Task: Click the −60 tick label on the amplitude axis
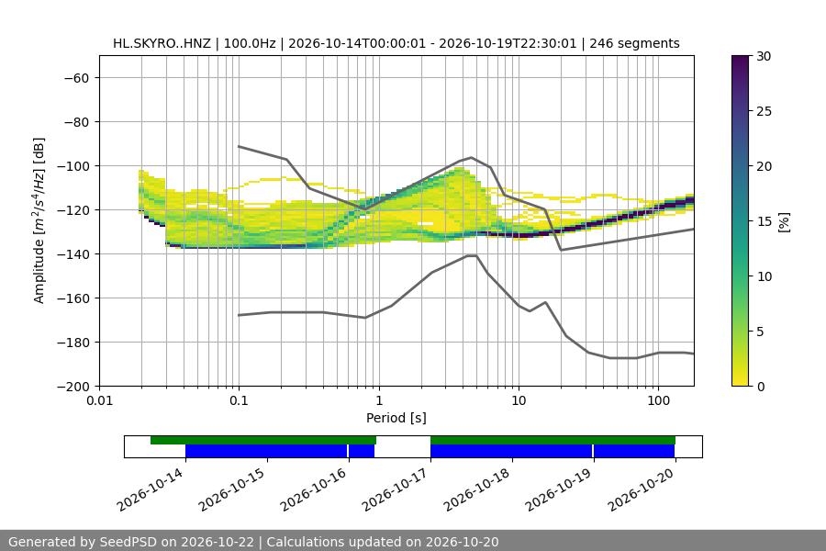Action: coord(76,78)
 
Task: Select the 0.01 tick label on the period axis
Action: coord(99,400)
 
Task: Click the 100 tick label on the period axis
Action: coord(658,400)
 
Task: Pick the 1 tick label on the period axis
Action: coord(379,400)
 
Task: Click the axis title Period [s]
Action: coord(396,418)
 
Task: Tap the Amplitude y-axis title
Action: coord(39,220)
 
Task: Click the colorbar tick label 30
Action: coord(764,56)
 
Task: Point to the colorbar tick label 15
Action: coord(764,221)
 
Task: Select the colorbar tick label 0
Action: coord(761,387)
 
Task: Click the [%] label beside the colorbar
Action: coord(784,221)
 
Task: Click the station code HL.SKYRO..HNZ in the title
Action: coord(162,43)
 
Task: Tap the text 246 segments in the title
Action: coord(634,43)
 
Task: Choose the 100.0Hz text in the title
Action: coord(250,43)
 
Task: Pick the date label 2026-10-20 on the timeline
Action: coord(641,489)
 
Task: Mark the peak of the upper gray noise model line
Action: coord(472,157)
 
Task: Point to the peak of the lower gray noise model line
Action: coord(472,255)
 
